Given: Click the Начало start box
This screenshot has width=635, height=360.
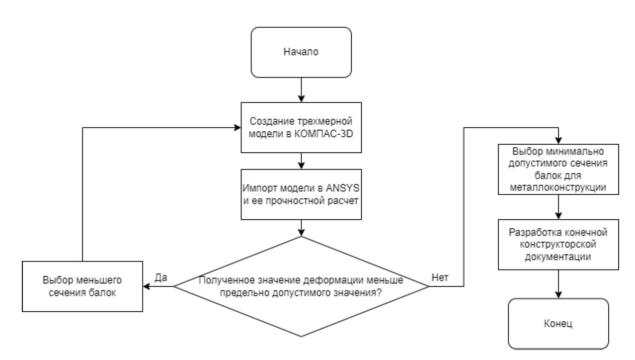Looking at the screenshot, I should click(301, 52).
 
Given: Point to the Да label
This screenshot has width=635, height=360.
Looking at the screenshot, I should click(160, 277).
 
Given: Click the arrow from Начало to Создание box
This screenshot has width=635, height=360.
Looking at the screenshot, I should click(301, 90).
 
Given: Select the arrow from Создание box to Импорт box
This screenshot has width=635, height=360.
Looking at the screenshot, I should click(301, 160).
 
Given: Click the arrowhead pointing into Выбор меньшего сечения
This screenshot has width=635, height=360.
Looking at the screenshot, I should click(146, 286).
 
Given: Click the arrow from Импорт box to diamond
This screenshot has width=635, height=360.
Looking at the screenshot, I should click(301, 227).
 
